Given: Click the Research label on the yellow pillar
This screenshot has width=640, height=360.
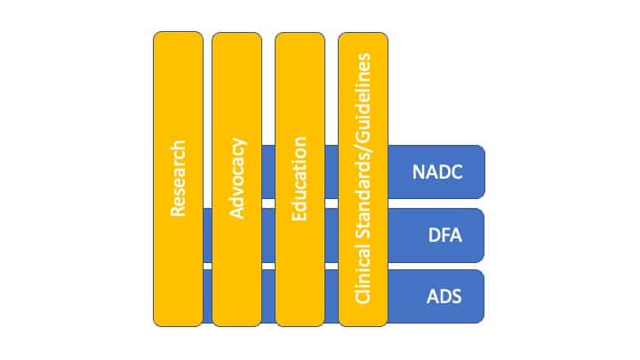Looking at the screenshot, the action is coord(178,179).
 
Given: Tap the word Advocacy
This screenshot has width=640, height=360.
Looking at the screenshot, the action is coord(237,179).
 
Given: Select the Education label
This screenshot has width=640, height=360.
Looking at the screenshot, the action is coord(300,179).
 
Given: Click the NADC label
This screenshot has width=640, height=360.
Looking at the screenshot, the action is coord(437,172).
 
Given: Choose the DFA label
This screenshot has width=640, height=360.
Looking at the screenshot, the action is coord(445,236).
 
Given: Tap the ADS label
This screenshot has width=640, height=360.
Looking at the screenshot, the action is coord(444,297).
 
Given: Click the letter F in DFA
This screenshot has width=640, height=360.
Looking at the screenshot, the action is coord(445,236).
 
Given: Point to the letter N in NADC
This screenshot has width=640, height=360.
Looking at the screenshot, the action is coord(419,172).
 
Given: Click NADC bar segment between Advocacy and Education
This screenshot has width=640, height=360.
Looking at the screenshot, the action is coord(268,172).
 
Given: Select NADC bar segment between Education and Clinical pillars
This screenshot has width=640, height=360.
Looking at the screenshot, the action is coord(332,172).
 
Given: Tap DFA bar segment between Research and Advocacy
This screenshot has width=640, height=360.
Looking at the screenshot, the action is coord(207,236).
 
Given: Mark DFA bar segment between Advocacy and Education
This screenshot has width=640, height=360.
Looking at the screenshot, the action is coord(268,236).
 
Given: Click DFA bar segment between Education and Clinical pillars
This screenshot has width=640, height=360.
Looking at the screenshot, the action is coord(332,236).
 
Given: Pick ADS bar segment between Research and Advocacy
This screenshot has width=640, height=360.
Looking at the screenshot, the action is coord(207,296).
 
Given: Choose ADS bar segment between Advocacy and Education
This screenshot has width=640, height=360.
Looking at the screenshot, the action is coord(268,296).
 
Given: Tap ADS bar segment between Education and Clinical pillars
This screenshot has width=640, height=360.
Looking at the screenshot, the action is coord(332,296).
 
